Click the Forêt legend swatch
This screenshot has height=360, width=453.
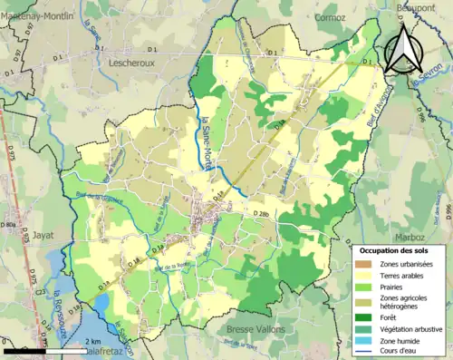(x=368, y=316)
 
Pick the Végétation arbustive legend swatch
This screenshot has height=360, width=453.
(x=368, y=327)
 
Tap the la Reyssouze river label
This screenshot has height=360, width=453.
(x=56, y=309)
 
